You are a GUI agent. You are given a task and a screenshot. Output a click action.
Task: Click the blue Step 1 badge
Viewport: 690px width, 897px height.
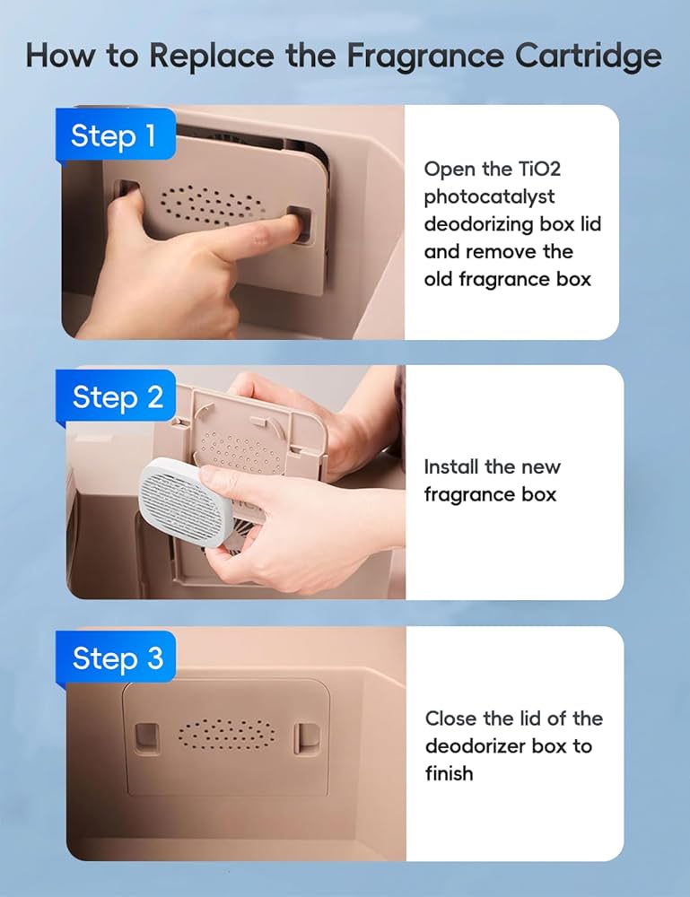pos(115,135)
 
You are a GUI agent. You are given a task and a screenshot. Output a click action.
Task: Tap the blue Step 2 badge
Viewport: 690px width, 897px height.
pos(116,396)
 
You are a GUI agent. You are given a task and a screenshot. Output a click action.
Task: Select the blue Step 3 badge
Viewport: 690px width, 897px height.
pos(116,657)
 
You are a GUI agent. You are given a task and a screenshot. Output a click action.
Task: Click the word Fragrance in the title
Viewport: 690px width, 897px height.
pos(425,57)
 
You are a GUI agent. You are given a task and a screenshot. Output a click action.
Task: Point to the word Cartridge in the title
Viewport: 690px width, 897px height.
pos(588,57)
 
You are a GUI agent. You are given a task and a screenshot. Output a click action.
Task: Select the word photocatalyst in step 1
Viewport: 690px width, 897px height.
pos(489,197)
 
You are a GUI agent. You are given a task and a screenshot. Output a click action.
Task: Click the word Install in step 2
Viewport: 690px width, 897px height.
pos(450,466)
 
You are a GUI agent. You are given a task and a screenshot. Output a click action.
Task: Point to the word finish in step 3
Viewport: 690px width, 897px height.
pos(450,773)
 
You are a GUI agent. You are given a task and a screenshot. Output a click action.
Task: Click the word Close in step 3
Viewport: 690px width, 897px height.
pos(450,718)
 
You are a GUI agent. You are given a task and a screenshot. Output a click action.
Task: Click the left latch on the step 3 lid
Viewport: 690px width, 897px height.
pos(146,736)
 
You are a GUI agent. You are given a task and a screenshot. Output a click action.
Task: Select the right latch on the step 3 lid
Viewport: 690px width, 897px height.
pos(306,737)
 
